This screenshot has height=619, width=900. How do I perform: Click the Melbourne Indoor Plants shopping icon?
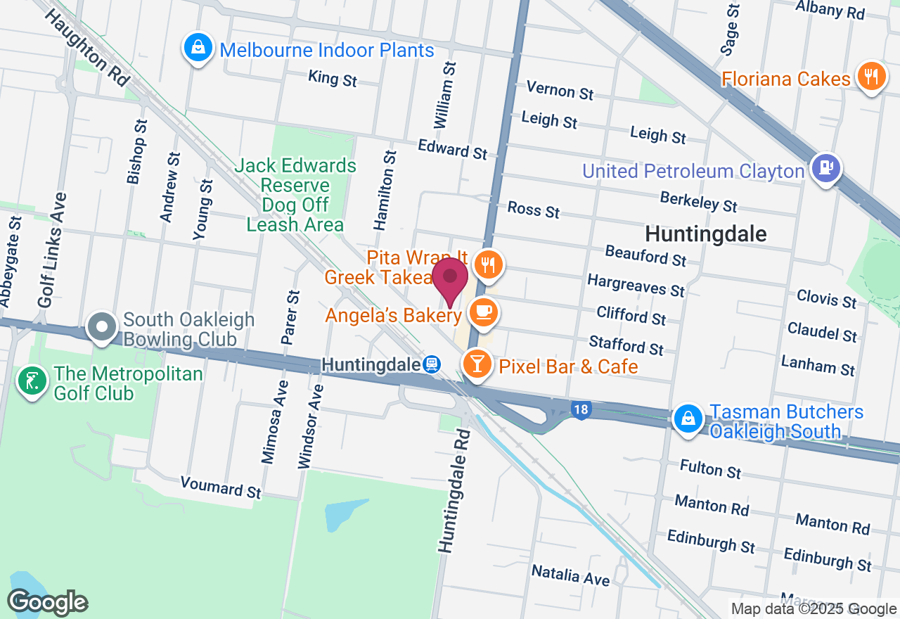click(x=198, y=48)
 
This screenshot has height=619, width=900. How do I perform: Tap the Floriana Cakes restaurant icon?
click(x=871, y=76)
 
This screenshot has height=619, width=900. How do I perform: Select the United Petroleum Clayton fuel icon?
click(x=825, y=169)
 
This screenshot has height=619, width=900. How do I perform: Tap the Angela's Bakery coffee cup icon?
click(x=483, y=312)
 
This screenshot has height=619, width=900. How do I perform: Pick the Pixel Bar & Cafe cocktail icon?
click(x=477, y=364)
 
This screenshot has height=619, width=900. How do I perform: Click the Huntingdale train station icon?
click(x=432, y=364)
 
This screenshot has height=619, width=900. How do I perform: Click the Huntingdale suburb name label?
click(x=705, y=234)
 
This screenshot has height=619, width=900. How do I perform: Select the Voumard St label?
click(x=221, y=487)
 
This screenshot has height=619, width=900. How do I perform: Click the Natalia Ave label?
click(x=570, y=575)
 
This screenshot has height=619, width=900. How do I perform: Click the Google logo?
click(x=47, y=602)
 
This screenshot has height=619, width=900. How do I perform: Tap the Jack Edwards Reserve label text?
click(x=295, y=195)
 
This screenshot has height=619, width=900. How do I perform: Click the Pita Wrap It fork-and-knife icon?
click(x=487, y=264)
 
